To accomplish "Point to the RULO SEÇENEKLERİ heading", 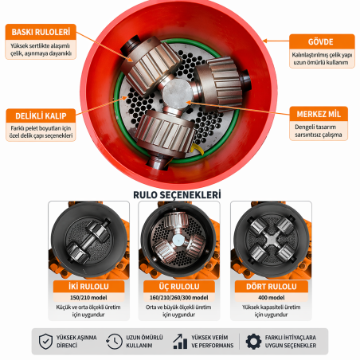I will pyautogui.click(x=180, y=194).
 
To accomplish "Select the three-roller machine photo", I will pyautogui.click(x=180, y=239).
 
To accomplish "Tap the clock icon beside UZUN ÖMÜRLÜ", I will pyautogui.click(x=115, y=341).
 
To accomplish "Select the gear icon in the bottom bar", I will pyautogui.click(x=253, y=341).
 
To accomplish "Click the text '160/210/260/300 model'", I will pyautogui.click(x=180, y=296).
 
